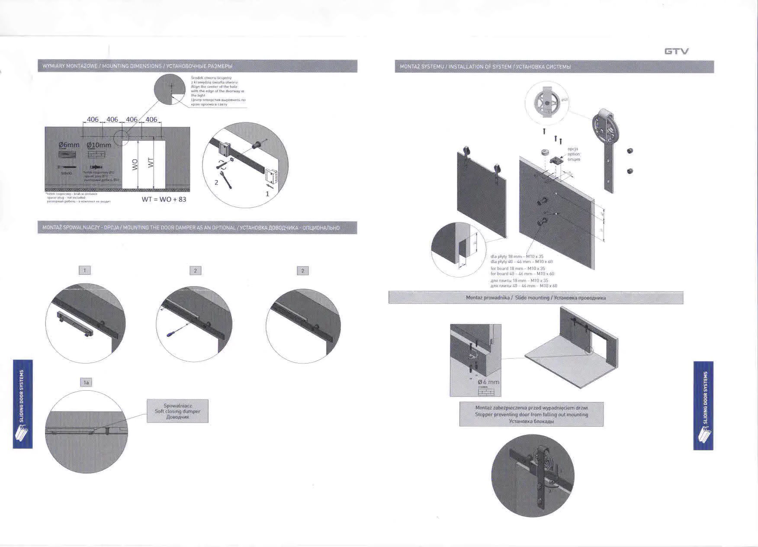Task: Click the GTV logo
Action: [676, 51]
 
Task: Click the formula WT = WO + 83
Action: [164, 199]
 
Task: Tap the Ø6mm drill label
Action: [69, 145]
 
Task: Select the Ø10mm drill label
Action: [99, 145]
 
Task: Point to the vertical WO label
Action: [135, 164]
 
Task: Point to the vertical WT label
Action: [151, 163]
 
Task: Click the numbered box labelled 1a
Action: [86, 383]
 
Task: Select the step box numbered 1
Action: [85, 270]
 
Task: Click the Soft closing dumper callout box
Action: [177, 411]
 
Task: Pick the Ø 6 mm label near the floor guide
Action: [488, 382]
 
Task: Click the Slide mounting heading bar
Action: [536, 298]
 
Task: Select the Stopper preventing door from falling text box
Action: [531, 415]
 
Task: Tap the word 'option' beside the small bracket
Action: [574, 154]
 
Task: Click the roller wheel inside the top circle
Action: [546, 104]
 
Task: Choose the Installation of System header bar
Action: [554, 67]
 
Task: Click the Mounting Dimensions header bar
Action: [197, 66]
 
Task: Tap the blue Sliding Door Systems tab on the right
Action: [703, 405]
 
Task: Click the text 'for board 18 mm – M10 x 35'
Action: [518, 269]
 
